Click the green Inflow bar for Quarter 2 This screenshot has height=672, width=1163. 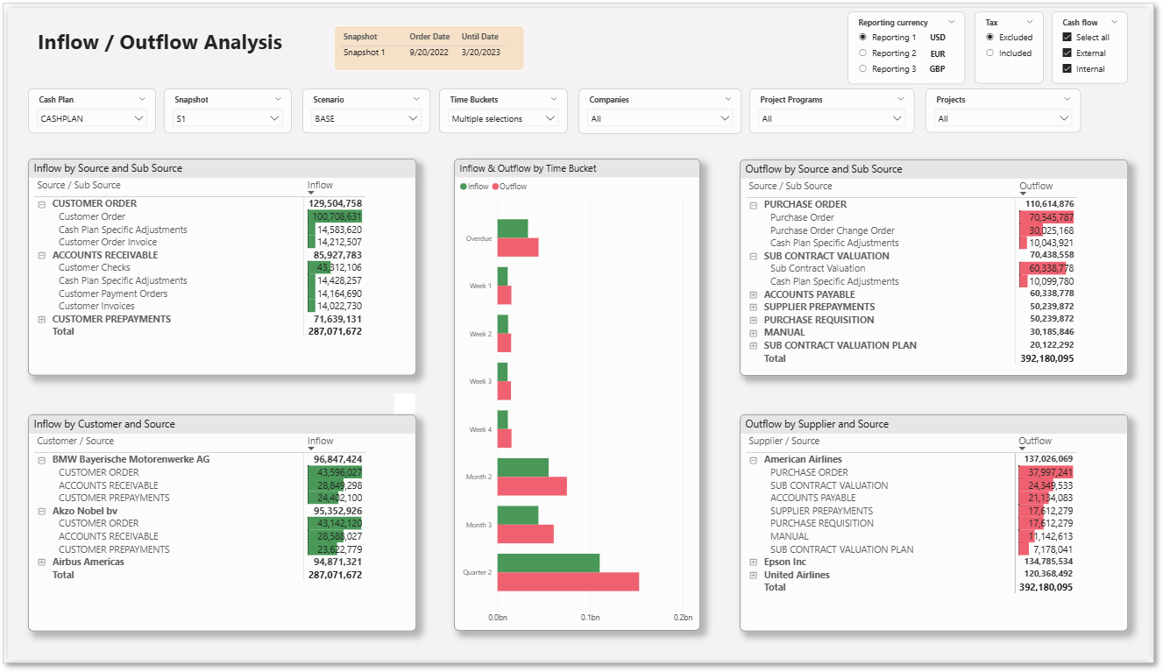click(x=549, y=563)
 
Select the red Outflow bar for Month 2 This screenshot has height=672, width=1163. click(x=532, y=486)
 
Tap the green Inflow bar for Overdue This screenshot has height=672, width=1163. click(x=513, y=229)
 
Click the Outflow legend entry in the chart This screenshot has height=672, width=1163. click(x=510, y=187)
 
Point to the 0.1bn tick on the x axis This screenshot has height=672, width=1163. click(x=591, y=618)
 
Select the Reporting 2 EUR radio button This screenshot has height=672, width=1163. click(x=863, y=53)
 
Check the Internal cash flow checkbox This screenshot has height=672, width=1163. click(x=1067, y=68)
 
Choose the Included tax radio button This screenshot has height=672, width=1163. click(x=990, y=53)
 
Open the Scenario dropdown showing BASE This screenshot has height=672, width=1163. click(x=366, y=118)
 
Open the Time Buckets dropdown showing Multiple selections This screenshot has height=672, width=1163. click(x=502, y=118)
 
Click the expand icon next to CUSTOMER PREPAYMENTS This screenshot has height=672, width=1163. click(x=41, y=319)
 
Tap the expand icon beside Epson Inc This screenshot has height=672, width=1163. click(x=754, y=562)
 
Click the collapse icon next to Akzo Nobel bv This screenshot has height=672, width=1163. click(x=41, y=511)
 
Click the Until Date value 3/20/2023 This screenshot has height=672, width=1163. click(x=481, y=53)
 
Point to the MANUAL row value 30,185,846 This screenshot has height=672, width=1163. click(x=1052, y=332)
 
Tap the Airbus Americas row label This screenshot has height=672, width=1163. click(x=89, y=562)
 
